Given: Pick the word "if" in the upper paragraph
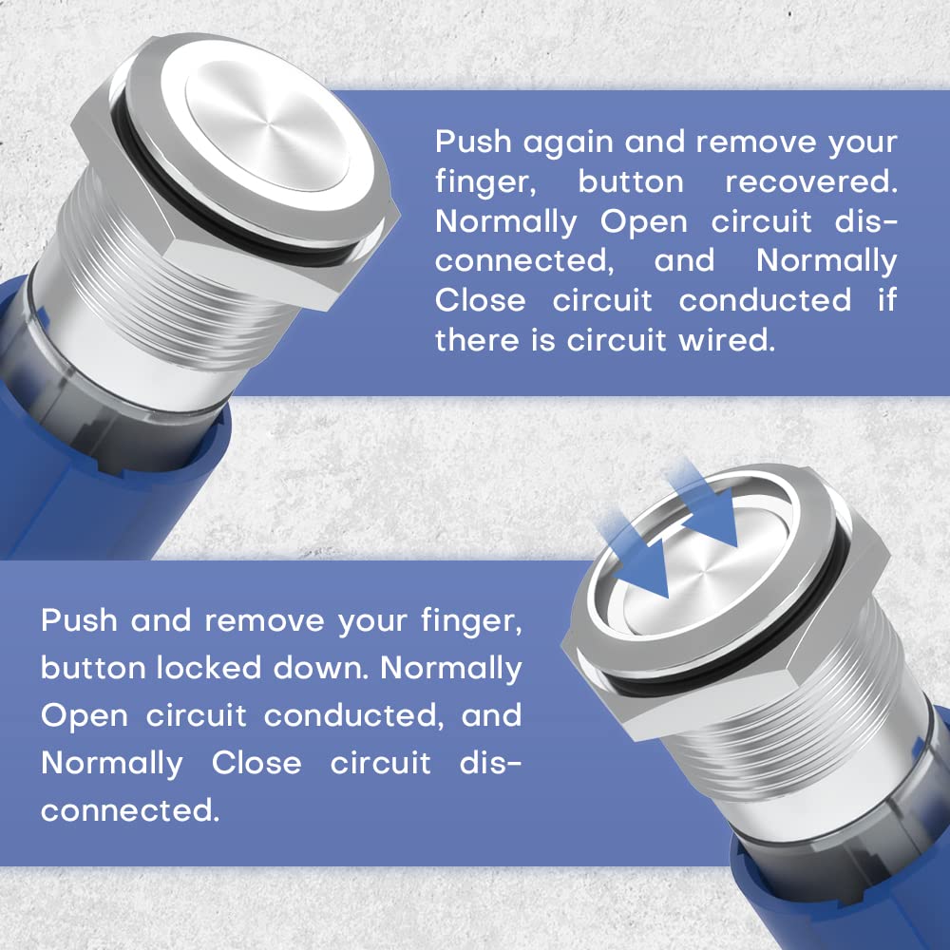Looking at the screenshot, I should point(886,300).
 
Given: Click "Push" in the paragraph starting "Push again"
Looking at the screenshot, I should point(474,142).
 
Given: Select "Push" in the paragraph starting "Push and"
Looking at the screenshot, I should point(80,621).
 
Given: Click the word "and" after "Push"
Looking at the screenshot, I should point(161,621).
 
